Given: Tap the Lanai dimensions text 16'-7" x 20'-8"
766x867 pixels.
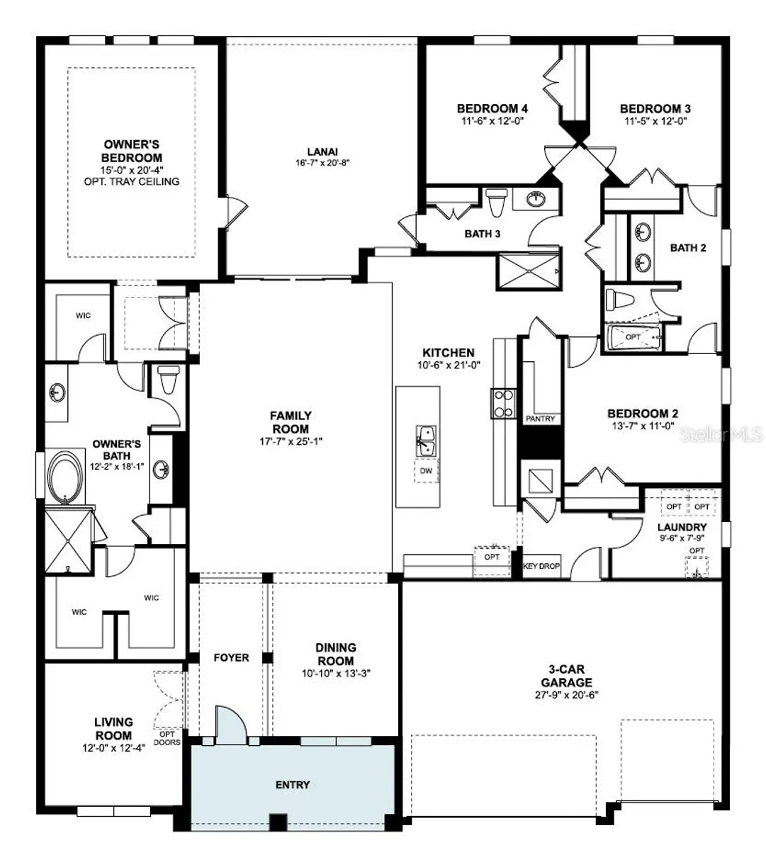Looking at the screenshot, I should pyautogui.click(x=322, y=162).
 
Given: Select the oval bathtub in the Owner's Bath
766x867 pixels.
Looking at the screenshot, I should pyautogui.click(x=65, y=480).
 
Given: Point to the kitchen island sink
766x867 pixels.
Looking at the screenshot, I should pyautogui.click(x=426, y=442).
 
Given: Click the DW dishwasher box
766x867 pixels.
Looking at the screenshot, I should pyautogui.click(x=426, y=471).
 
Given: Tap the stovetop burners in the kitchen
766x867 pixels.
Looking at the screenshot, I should pyautogui.click(x=502, y=403).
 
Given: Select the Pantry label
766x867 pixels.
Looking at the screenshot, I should pyautogui.click(x=540, y=419).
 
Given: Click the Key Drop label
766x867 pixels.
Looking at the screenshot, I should pyautogui.click(x=541, y=567).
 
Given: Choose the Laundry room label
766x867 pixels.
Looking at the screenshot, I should pyautogui.click(x=682, y=528).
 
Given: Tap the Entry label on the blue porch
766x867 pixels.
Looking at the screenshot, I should pyautogui.click(x=293, y=784).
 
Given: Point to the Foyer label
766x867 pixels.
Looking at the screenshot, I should pyautogui.click(x=231, y=658).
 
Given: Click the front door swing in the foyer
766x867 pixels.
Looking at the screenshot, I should pyautogui.click(x=228, y=725).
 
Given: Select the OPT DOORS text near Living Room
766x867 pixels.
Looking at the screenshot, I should pyautogui.click(x=167, y=739).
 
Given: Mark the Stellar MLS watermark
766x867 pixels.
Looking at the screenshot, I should pyautogui.click(x=721, y=433).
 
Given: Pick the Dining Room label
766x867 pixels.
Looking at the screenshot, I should pyautogui.click(x=336, y=654).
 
